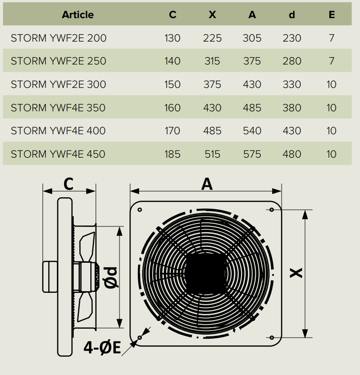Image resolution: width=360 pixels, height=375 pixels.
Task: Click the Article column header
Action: [x=78, y=15]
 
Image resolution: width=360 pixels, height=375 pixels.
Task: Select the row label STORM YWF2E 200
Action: [x=59, y=38]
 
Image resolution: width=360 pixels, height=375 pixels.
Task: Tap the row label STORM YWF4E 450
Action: [x=58, y=154]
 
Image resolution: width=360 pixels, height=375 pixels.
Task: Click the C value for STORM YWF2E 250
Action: [x=172, y=61]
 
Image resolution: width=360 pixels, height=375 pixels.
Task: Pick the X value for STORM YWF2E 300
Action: [x=212, y=85]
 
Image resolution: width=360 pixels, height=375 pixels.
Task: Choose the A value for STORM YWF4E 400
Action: [x=252, y=131]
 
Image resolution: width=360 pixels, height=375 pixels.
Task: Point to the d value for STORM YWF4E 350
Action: [x=292, y=108]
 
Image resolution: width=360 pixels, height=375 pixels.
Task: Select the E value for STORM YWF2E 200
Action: [x=331, y=38]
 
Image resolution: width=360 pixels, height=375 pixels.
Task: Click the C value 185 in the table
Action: [x=172, y=154]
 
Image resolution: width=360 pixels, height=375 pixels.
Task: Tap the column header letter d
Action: [x=292, y=15]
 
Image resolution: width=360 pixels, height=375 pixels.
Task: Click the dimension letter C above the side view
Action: [x=68, y=184]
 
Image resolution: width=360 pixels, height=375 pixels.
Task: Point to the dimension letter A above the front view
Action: [x=207, y=184]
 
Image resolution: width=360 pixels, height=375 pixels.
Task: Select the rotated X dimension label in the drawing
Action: [x=296, y=273]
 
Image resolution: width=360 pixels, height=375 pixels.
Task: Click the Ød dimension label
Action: [x=111, y=278]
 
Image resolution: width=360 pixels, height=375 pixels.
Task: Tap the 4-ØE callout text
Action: [x=102, y=347]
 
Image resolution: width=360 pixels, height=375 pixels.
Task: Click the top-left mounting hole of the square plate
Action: [x=140, y=210]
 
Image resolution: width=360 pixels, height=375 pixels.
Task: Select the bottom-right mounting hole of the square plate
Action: [x=272, y=337]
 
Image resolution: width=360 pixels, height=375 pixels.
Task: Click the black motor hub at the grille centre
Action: [x=206, y=273]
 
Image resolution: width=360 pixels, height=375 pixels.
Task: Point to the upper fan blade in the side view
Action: [x=87, y=246]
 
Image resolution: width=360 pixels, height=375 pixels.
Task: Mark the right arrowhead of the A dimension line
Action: [x=277, y=191]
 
